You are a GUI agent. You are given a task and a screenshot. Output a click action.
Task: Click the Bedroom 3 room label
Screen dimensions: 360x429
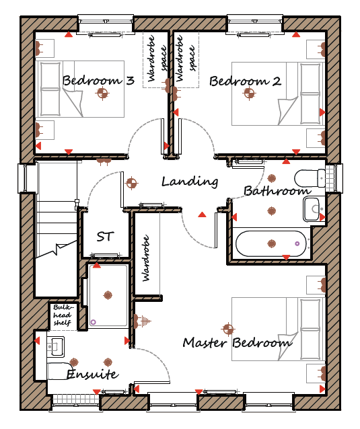(x=98, y=81)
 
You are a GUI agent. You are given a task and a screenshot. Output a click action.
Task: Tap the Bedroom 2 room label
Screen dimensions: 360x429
(x=246, y=81)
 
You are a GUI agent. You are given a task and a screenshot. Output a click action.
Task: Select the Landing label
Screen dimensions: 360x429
(x=190, y=182)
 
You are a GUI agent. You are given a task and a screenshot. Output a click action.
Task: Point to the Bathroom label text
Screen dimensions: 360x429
(x=277, y=191)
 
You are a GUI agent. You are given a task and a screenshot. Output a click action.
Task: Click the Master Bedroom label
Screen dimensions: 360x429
(x=238, y=342)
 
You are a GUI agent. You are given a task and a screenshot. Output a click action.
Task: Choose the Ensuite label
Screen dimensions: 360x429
(x=93, y=374)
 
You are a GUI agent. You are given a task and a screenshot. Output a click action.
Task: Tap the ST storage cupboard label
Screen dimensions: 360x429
(x=105, y=237)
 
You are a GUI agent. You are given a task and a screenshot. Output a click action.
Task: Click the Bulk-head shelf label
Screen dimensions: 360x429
(x=62, y=315)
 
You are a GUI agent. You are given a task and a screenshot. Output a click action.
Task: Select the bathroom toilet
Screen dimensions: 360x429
(x=310, y=178)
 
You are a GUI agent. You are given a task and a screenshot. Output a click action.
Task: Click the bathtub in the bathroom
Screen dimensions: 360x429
(x=271, y=243)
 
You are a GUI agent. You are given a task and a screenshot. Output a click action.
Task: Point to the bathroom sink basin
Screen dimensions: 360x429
(x=312, y=210)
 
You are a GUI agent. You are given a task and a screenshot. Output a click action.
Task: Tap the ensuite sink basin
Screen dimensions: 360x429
(x=56, y=346)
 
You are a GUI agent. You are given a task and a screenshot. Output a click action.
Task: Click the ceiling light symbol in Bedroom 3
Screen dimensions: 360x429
(x=103, y=93)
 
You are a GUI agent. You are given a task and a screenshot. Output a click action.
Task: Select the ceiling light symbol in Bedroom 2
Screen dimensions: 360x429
(x=249, y=93)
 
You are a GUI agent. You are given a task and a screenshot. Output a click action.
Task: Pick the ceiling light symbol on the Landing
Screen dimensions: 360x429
(x=131, y=183)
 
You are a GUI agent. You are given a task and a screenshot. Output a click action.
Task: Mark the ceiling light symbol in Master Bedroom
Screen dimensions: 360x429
(x=228, y=329)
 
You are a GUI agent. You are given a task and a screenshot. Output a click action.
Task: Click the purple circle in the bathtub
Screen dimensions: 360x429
(x=297, y=243)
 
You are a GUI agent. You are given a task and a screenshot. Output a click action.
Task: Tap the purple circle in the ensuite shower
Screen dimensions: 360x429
(x=93, y=322)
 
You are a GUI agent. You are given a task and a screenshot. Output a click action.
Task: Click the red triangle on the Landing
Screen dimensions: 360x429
(x=202, y=214)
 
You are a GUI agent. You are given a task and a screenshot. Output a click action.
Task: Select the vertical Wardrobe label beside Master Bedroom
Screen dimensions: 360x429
(x=146, y=258)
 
